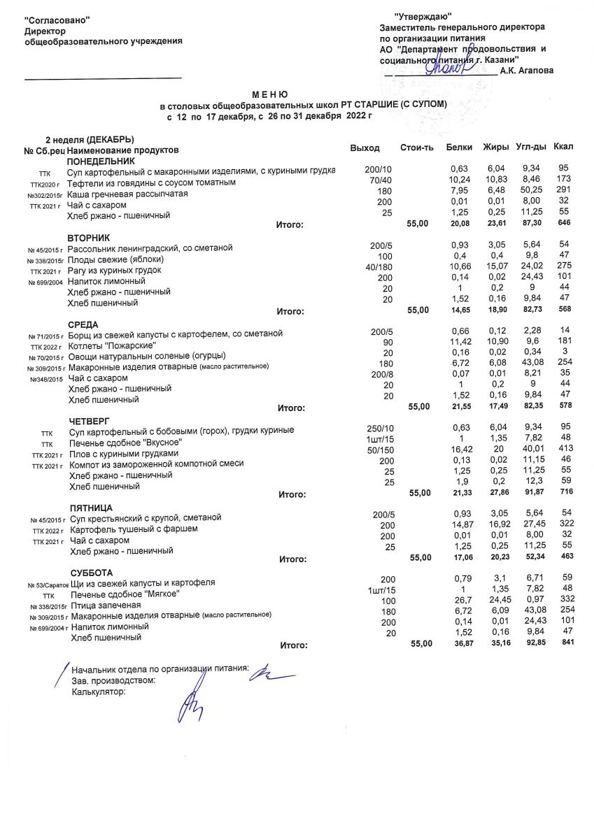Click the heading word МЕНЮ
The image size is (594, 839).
coord(269,94)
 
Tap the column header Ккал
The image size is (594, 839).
coord(563,148)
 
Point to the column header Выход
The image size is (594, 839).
coord(365,148)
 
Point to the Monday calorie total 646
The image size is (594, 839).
coord(564,223)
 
